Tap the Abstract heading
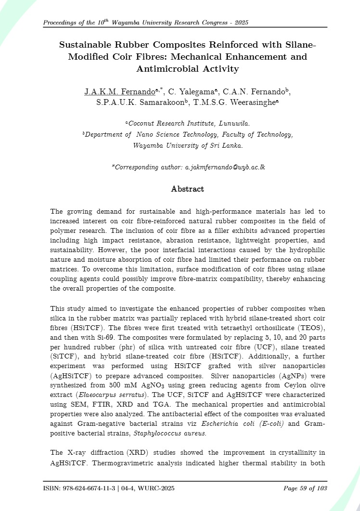(x=188, y=189)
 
